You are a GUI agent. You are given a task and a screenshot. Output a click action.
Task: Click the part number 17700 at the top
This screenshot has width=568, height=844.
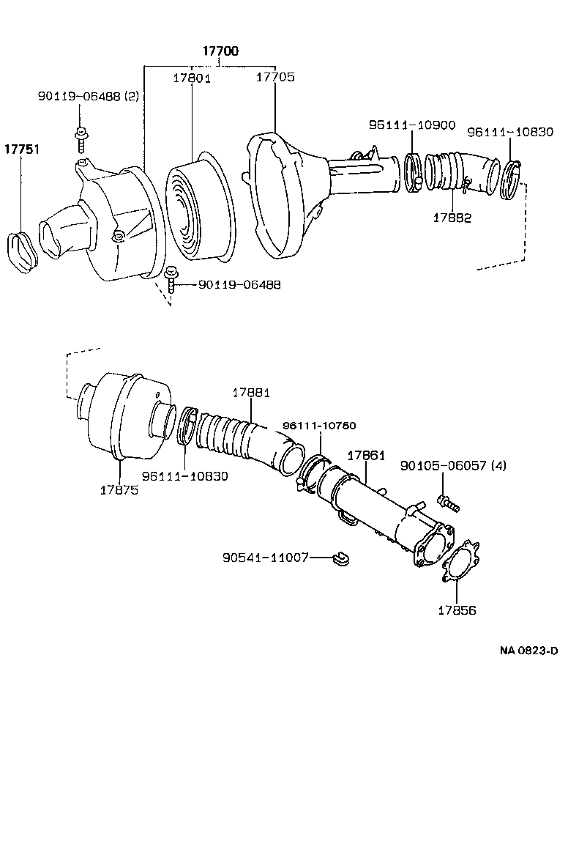[220, 51]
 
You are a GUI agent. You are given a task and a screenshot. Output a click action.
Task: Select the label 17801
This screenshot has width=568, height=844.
[192, 78]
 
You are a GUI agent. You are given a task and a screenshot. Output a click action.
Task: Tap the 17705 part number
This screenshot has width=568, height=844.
[275, 77]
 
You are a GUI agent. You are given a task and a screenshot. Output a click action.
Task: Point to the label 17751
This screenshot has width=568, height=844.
[22, 149]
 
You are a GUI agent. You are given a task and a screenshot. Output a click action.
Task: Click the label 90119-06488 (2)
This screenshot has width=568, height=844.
[88, 96]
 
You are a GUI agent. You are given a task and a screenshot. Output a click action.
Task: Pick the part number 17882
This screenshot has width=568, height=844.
[451, 217]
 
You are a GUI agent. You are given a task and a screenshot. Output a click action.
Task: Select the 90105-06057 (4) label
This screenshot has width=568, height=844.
[453, 466]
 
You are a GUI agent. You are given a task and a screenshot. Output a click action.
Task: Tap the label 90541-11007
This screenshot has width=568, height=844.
[264, 558]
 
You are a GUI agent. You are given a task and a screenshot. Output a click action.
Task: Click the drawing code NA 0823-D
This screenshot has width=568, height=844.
[528, 650]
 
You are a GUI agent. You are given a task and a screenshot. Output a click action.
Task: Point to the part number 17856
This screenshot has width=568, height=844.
[457, 610]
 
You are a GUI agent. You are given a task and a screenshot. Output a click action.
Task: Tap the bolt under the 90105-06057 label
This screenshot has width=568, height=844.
[446, 501]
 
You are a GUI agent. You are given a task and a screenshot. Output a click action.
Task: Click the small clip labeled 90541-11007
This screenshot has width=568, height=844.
[340, 559]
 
